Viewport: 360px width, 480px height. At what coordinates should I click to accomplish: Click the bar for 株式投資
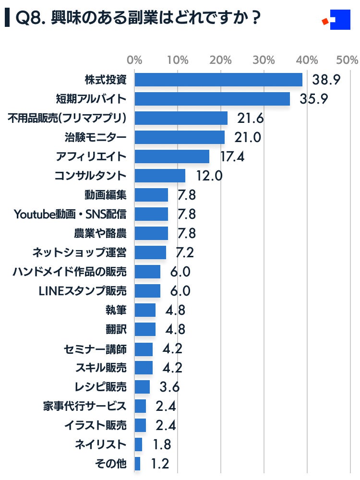(218, 80)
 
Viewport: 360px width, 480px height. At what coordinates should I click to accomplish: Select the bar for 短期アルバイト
(212, 99)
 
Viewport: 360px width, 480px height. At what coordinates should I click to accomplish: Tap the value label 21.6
(251, 118)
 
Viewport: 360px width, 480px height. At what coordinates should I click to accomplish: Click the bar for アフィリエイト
(172, 156)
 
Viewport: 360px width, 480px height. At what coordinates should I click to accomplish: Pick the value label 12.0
(209, 176)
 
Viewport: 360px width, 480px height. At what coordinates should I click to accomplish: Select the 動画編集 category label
(105, 195)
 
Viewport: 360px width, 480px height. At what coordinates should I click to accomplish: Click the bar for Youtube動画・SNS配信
(151, 214)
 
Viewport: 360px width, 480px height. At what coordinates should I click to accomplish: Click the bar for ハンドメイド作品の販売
(147, 272)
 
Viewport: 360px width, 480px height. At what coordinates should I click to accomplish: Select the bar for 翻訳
(145, 329)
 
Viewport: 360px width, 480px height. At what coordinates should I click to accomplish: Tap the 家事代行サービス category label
(84, 406)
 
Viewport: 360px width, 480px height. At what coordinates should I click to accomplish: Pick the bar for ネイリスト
(138, 444)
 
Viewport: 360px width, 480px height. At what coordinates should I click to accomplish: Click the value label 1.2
(159, 464)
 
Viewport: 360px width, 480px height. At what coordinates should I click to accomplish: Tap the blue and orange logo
(336, 20)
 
